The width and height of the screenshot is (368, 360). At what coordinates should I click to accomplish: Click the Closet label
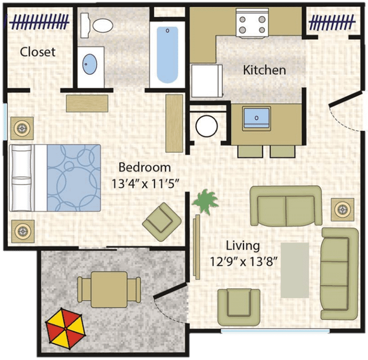pos(37,52)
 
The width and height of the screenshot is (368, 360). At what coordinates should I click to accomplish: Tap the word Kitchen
pos(264,70)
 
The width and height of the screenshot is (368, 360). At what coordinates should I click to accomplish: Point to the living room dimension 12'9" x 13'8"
pos(243,261)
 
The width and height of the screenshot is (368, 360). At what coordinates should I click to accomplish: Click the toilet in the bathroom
pos(96,25)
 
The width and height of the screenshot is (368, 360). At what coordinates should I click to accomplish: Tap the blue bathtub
pos(168,55)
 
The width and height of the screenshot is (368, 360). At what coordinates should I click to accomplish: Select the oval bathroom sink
pos(89,64)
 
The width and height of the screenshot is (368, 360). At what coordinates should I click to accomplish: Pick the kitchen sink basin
pos(256,118)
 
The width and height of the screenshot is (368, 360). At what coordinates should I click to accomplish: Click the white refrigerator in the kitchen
pos(207,81)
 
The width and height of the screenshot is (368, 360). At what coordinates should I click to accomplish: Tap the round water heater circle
pos(207,126)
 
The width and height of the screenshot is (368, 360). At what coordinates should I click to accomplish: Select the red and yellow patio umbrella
pos(66,329)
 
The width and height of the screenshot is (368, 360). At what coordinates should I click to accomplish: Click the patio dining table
pos(109,290)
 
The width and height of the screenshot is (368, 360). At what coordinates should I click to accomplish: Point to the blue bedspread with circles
pos(74,178)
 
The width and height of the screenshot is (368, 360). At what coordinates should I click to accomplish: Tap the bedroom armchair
pos(162,222)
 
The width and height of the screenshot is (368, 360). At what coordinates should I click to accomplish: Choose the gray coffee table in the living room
pos(295,270)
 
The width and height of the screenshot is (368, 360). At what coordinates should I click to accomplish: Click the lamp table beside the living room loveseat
pos(343,209)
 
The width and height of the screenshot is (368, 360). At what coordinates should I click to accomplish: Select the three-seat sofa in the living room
pos(339,273)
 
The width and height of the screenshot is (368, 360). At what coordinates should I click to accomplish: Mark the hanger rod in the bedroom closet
pos(39,22)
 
